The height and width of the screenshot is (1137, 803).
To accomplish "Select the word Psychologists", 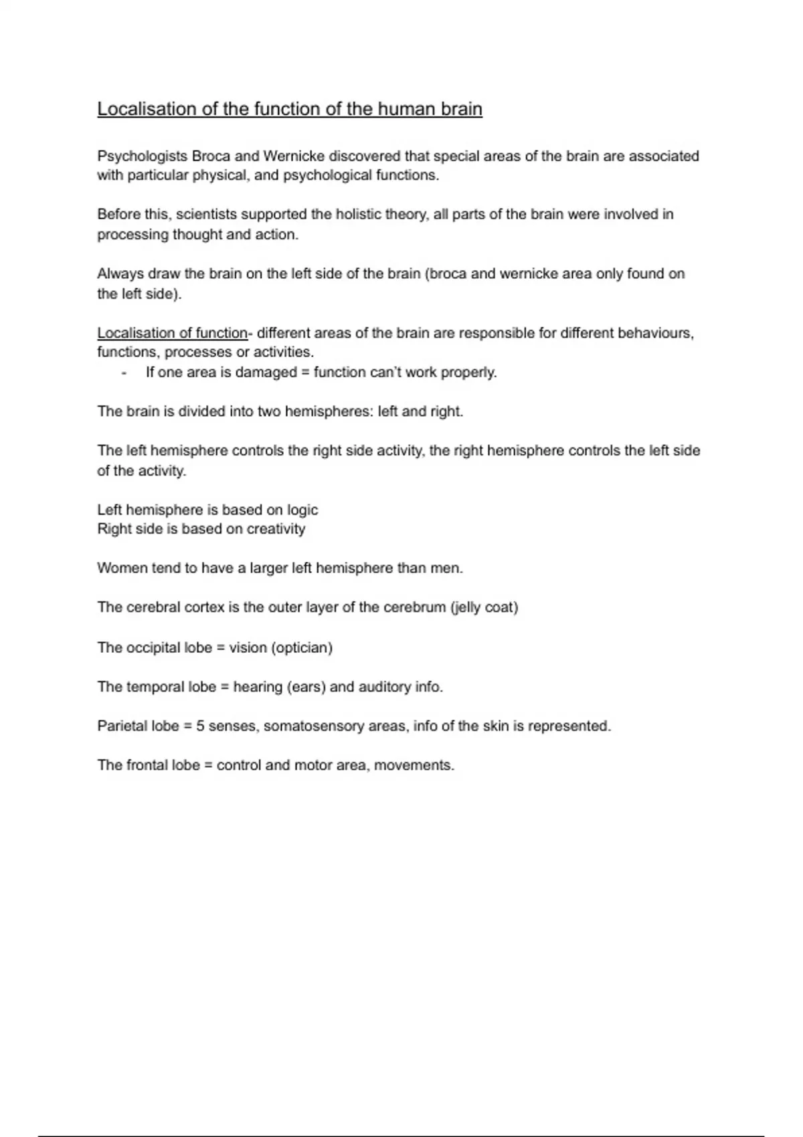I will click(142, 157).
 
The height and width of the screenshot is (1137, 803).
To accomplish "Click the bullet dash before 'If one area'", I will click(124, 373).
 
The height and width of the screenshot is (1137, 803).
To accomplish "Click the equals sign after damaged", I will click(305, 373).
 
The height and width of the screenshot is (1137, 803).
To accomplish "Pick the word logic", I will click(302, 510).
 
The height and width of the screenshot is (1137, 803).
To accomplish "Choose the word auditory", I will click(384, 687).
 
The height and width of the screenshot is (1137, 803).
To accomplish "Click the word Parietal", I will click(120, 726).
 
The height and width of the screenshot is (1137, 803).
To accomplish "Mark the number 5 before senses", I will click(200, 726).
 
